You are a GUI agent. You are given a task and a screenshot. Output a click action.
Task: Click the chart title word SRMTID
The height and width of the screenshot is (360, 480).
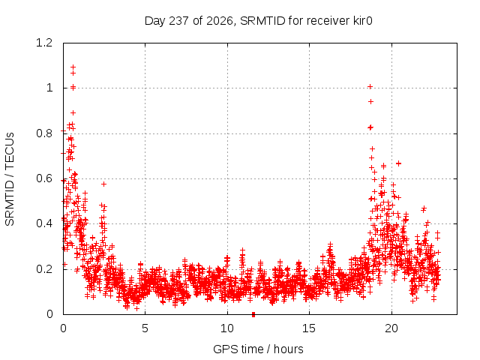(x=262, y=21)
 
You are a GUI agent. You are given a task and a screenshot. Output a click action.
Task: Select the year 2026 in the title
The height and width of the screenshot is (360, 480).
(x=220, y=22)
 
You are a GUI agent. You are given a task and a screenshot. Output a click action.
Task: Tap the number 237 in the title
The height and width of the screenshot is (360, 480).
(x=178, y=21)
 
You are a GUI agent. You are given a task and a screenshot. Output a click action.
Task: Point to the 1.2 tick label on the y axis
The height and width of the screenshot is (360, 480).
(x=44, y=43)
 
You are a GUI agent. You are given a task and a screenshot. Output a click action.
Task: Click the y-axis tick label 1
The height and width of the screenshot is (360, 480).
(x=49, y=88)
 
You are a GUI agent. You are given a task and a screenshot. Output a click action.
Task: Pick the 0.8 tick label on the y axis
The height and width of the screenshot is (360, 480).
(x=44, y=133)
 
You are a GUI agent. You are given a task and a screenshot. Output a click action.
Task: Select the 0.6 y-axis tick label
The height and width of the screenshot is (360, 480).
(x=44, y=178)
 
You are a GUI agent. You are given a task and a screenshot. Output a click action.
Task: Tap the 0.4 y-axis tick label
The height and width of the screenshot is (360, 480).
(x=44, y=223)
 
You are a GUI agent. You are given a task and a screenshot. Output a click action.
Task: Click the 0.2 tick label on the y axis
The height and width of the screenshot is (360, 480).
(x=44, y=269)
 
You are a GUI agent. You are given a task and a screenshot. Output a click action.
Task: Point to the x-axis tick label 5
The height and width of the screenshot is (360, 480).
(x=145, y=328)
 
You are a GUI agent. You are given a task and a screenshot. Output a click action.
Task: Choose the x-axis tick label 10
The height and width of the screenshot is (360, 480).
(x=227, y=328)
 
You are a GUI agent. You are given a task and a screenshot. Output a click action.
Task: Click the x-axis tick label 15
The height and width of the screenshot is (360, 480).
(x=309, y=328)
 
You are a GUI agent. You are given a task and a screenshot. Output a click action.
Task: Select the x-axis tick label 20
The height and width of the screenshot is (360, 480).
(x=391, y=328)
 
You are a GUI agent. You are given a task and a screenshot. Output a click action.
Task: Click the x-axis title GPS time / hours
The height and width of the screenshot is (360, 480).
(x=258, y=349)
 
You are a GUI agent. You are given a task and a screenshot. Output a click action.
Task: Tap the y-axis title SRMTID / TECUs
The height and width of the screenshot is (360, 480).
(x=10, y=179)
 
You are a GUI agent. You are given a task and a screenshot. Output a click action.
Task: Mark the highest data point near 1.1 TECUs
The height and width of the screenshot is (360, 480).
(x=73, y=67)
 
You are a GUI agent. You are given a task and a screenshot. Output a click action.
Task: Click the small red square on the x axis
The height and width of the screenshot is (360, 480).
(x=253, y=314)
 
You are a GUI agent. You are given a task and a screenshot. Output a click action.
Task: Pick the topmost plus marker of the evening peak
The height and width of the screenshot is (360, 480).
(x=370, y=87)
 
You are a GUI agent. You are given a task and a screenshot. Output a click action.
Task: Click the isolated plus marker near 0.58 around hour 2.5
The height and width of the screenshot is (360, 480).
(x=103, y=184)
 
